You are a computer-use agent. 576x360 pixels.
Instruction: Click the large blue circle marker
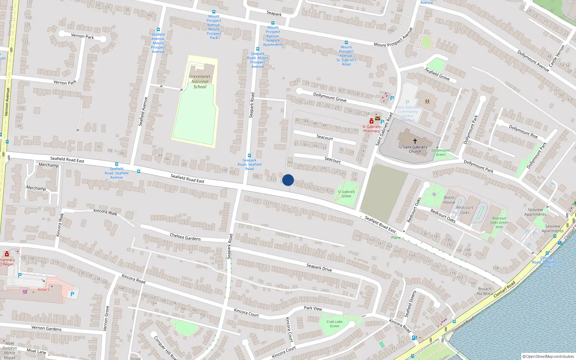point(288,180)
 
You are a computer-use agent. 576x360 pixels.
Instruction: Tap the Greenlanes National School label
point(200,82)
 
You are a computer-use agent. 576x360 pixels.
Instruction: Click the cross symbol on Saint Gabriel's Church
point(415,141)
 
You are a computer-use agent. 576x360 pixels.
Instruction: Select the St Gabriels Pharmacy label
point(371,129)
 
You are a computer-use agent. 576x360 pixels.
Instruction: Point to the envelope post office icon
point(377,118)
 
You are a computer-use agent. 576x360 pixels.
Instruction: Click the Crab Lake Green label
point(334,324)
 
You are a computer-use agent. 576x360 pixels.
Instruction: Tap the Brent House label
point(449,200)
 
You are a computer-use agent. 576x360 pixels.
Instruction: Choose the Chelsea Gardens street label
point(185,237)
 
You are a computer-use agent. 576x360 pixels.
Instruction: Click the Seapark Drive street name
point(319,267)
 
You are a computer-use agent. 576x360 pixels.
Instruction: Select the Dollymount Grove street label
point(329,97)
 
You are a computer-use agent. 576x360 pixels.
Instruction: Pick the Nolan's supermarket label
point(43,289)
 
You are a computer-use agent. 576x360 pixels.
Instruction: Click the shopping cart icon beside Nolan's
point(25,292)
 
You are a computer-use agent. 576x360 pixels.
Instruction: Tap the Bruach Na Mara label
point(485,291)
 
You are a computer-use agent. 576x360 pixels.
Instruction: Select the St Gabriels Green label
point(346,194)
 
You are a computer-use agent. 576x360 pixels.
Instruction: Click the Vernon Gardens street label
point(46,328)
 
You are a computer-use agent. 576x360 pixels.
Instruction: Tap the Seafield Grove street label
point(437,74)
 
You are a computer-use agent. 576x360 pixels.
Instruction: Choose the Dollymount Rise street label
point(523,131)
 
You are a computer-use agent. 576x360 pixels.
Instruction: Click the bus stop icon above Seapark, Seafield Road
point(249,156)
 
